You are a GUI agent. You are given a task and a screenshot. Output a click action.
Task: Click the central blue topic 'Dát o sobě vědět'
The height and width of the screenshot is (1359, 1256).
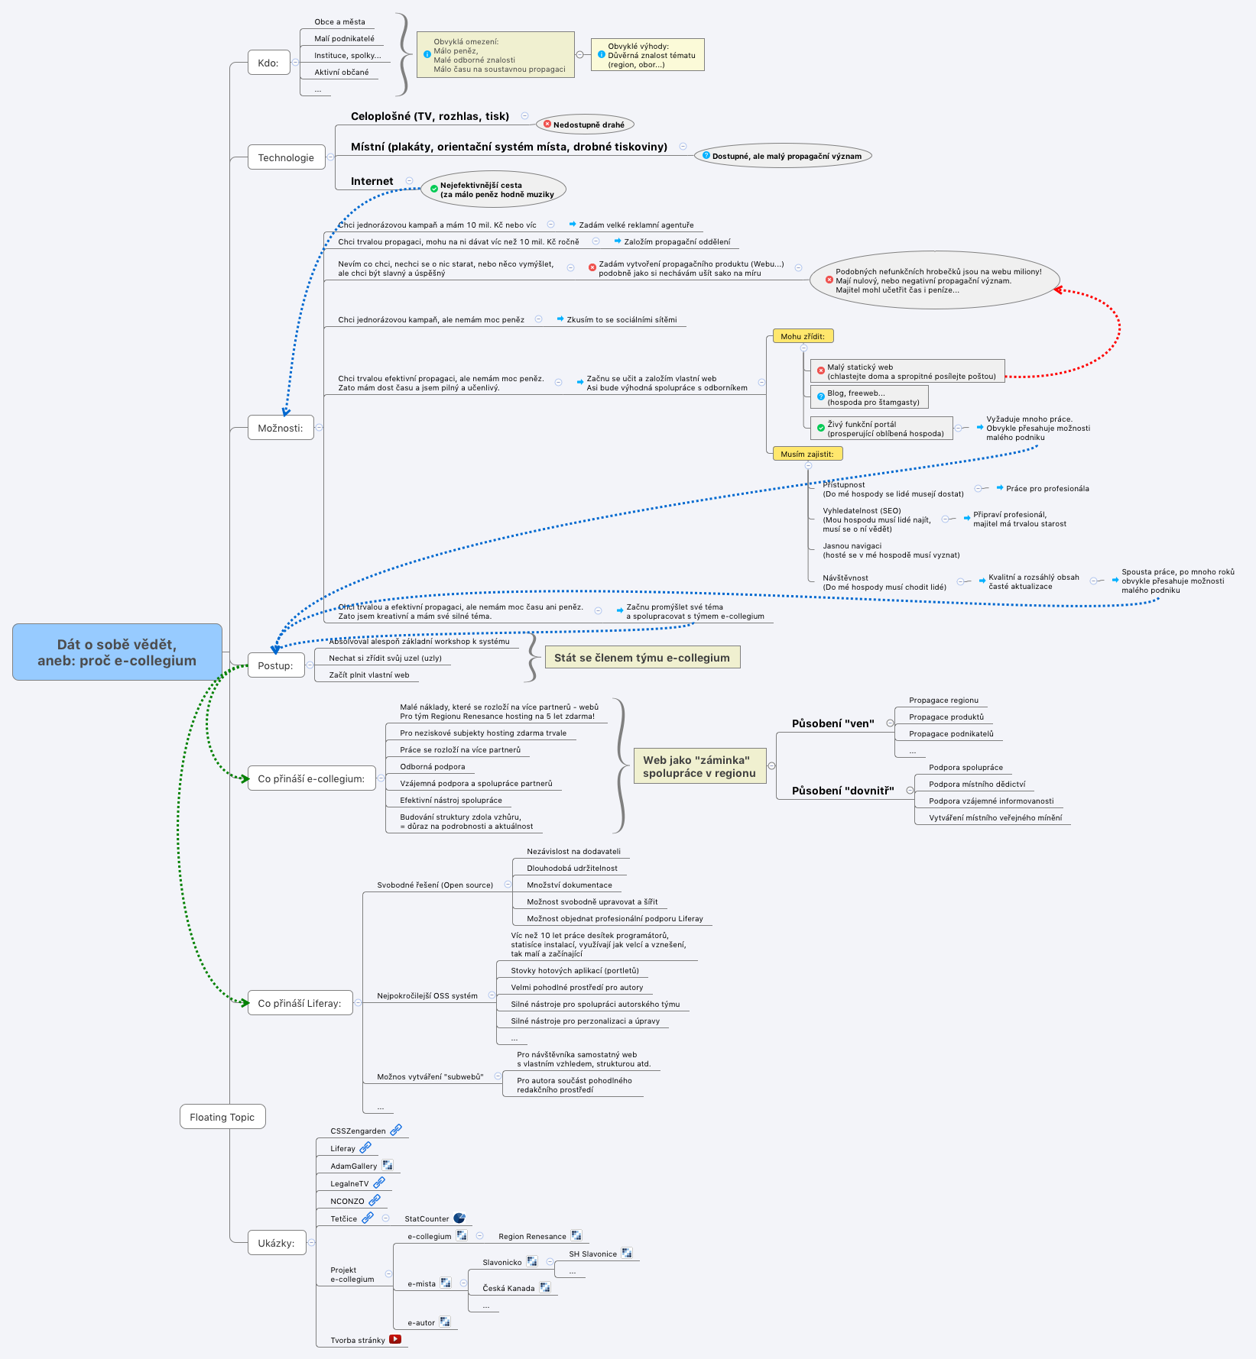(x=117, y=652)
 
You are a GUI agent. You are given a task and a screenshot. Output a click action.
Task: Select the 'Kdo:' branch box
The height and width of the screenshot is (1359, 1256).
(x=268, y=63)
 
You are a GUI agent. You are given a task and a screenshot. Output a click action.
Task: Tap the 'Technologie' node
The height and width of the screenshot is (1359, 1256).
(x=286, y=157)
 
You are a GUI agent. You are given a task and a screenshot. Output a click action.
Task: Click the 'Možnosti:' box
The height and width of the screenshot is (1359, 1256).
(x=281, y=428)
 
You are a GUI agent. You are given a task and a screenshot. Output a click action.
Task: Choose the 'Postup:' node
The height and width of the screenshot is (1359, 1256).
(x=275, y=665)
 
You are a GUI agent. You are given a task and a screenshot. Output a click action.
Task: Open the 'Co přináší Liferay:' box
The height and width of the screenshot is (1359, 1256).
(x=300, y=1003)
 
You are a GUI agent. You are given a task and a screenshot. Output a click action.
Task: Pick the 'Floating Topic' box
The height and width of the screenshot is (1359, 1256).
(x=222, y=1117)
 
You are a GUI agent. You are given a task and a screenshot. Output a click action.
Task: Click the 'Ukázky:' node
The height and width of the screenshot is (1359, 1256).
(x=276, y=1243)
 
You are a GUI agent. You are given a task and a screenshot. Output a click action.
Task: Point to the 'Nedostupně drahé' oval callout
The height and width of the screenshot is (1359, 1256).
(x=586, y=125)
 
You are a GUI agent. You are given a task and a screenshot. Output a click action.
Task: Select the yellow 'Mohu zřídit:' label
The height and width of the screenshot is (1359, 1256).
(x=803, y=336)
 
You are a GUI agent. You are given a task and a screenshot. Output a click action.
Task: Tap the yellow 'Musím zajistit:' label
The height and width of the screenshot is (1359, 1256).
(x=807, y=454)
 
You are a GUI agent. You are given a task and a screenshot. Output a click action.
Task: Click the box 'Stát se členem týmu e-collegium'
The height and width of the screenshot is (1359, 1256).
(x=642, y=658)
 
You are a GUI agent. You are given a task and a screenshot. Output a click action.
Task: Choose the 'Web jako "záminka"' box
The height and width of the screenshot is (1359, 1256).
(x=699, y=766)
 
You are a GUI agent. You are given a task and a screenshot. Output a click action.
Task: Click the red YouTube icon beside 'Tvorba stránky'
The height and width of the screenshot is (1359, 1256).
(x=395, y=1339)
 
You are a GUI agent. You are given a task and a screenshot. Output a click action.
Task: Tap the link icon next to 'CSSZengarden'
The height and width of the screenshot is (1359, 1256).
(x=396, y=1130)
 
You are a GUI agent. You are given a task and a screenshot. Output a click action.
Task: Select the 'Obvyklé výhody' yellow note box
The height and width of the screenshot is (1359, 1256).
(x=647, y=55)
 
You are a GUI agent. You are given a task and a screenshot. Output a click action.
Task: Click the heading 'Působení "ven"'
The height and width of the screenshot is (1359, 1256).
(x=832, y=723)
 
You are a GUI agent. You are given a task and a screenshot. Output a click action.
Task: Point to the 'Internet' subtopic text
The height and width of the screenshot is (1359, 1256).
(x=372, y=181)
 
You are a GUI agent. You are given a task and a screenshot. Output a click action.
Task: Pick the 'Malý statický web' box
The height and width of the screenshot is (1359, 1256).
(x=907, y=371)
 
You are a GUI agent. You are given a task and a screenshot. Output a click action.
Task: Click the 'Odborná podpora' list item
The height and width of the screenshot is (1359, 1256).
(x=432, y=767)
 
